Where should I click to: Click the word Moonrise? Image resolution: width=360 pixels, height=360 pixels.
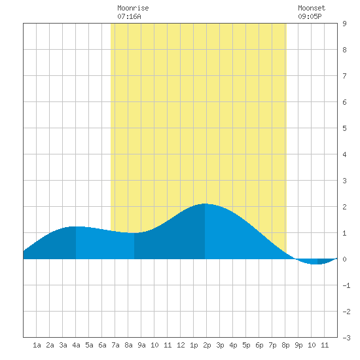click(x=133, y=8)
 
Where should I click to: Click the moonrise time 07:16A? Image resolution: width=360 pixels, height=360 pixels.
click(x=129, y=16)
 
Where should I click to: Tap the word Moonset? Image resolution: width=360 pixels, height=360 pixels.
click(x=312, y=8)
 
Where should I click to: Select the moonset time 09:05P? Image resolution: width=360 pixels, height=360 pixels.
click(x=310, y=16)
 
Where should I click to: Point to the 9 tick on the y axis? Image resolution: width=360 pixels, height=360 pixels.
click(x=344, y=24)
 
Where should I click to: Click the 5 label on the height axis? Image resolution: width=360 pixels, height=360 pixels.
click(x=344, y=128)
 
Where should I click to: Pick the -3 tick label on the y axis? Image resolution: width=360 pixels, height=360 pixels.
click(x=346, y=338)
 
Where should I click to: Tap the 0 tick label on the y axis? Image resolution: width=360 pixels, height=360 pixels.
click(x=344, y=259)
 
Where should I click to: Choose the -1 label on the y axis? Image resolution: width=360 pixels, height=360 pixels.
click(x=346, y=285)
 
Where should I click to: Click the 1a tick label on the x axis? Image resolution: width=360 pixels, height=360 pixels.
click(x=37, y=345)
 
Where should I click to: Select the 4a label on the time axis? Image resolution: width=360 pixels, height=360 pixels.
click(x=76, y=345)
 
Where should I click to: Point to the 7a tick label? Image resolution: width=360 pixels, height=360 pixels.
click(x=115, y=345)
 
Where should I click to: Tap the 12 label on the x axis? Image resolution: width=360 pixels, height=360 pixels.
click(x=181, y=345)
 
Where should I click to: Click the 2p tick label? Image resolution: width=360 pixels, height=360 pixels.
click(x=207, y=345)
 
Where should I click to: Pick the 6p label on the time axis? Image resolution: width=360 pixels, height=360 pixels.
click(x=259, y=345)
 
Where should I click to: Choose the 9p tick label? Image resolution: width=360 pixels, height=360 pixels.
click(x=298, y=345)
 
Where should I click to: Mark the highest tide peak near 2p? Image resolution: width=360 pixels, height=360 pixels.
click(x=205, y=204)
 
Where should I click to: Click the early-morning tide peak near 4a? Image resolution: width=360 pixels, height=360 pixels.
click(x=75, y=226)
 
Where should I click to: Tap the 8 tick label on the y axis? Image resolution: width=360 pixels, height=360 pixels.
click(x=344, y=50)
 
